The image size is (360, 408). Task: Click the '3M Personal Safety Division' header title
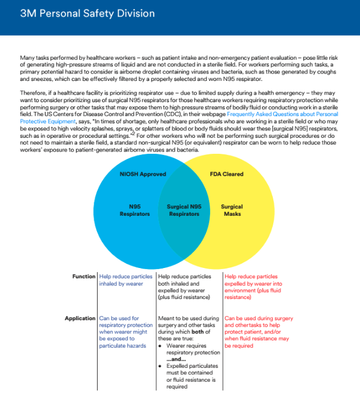87,14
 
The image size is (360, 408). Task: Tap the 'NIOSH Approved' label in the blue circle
142,174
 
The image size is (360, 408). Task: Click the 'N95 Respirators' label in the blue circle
135,210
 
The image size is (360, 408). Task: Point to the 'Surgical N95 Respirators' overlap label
184,210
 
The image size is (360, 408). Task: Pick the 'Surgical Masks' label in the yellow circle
232,210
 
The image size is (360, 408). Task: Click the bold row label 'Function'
84,277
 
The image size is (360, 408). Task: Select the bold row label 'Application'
80,318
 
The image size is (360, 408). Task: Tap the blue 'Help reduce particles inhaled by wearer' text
126,280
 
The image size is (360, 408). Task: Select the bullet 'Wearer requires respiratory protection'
188,349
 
